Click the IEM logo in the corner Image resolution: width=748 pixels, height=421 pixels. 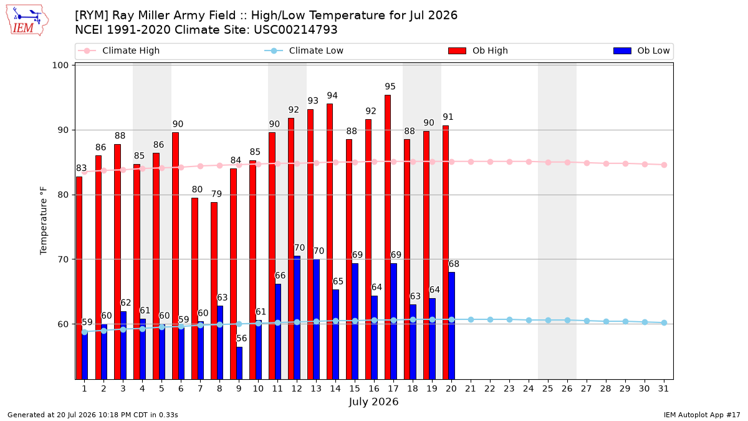(27, 20)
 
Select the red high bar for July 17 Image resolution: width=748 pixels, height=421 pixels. (388, 237)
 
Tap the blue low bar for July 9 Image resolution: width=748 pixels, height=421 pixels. (239, 363)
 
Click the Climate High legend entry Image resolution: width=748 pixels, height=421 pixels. (118, 51)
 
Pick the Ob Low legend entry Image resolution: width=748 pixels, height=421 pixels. (641, 51)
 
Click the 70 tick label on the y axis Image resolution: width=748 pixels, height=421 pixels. (63, 259)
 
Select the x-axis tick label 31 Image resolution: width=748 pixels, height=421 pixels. (663, 389)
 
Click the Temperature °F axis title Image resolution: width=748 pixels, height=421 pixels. (44, 221)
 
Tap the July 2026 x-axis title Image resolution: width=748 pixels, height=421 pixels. (373, 402)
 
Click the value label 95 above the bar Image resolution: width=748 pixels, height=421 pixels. (390, 87)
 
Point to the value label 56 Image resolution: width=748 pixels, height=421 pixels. (241, 339)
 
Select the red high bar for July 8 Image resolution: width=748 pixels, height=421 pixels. (214, 291)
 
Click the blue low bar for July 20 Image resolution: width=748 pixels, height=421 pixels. (451, 326)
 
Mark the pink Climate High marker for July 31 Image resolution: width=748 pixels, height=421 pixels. (664, 165)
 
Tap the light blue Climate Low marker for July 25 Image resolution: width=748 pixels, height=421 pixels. (548, 320)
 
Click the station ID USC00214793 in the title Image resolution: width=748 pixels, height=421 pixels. (295, 30)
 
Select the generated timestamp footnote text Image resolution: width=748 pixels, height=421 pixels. (92, 415)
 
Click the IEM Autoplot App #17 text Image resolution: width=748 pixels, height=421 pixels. (702, 415)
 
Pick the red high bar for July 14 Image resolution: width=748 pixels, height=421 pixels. (330, 241)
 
